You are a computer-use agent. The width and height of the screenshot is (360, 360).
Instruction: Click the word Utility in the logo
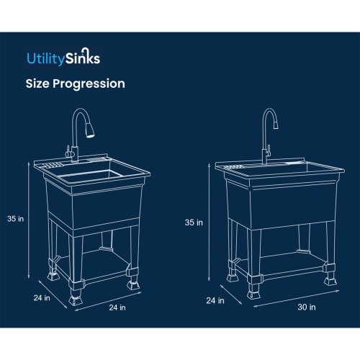point(42,57)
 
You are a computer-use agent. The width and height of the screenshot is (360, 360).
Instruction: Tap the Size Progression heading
point(75,84)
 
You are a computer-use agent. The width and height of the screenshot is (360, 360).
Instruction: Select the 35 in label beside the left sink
point(17,218)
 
